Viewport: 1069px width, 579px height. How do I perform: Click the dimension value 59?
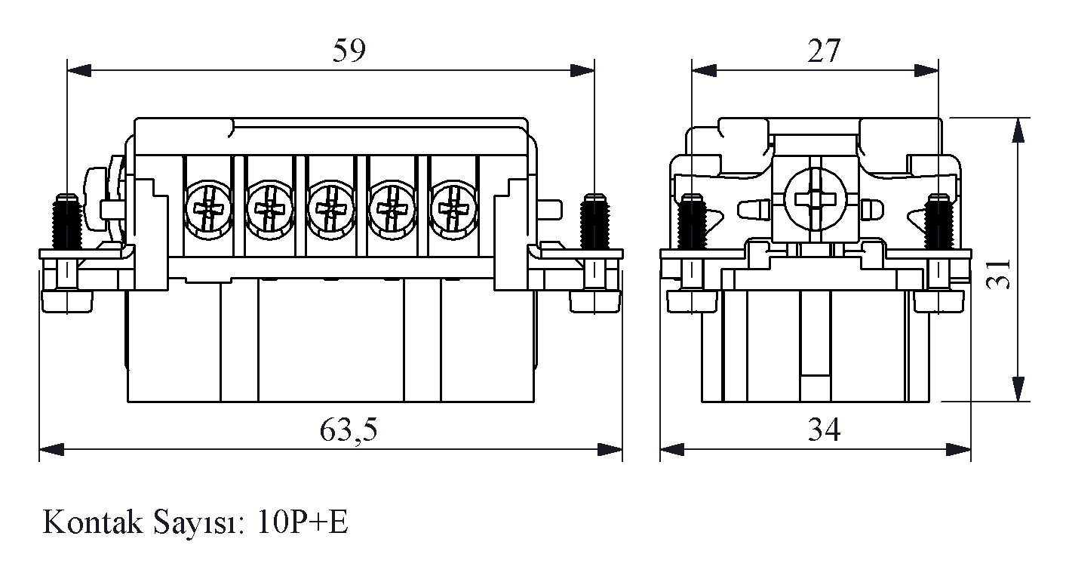pyautogui.click(x=349, y=51)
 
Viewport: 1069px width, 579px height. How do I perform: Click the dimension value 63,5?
pyautogui.click(x=349, y=430)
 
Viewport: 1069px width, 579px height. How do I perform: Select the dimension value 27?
pyautogui.click(x=823, y=51)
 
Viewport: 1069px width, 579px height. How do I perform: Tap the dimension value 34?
pyautogui.click(x=824, y=430)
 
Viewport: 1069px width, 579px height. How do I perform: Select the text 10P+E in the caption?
pyautogui.click(x=303, y=522)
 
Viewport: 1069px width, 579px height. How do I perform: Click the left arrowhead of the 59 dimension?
pyautogui.click(x=78, y=70)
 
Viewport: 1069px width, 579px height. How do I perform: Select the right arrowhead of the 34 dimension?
pyautogui.click(x=960, y=450)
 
